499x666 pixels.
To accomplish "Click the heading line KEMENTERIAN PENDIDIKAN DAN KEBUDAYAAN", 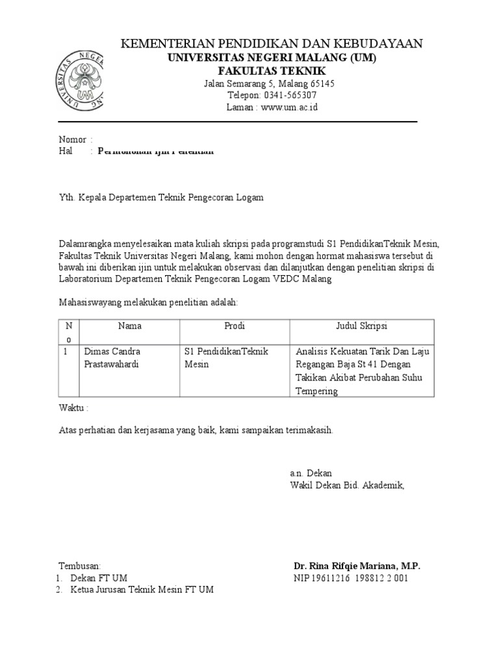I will tap(273, 44).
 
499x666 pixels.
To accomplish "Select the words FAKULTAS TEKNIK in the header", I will tap(272, 70).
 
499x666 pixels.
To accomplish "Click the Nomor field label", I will tap(73, 140).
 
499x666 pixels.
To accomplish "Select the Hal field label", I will tap(66, 152).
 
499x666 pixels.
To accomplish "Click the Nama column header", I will tap(129, 326).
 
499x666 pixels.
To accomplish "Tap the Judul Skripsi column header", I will tap(361, 326).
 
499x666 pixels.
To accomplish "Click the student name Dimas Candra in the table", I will tap(112, 351).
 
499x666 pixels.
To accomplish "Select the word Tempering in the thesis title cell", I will tap(316, 391).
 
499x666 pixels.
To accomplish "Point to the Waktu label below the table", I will tap(72, 408).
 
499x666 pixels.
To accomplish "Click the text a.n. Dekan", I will tap(311, 473).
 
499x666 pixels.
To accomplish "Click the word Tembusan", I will tap(80, 566).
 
